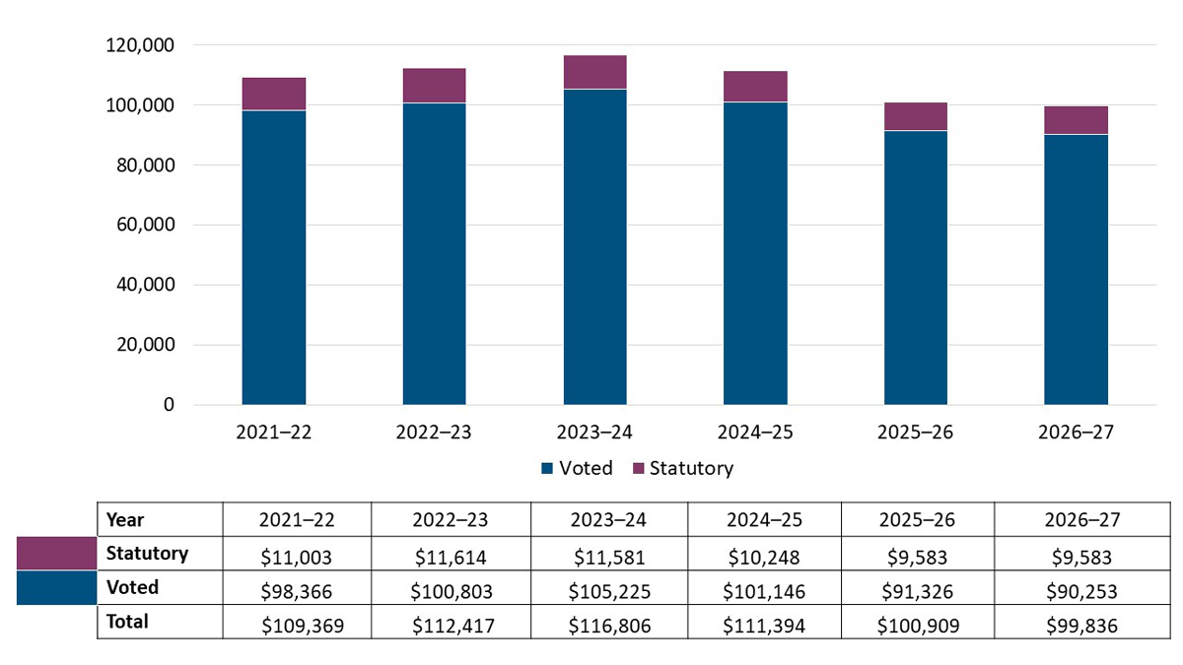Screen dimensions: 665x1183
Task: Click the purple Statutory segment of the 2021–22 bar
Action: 273,94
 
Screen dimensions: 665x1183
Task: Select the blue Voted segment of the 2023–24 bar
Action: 594,246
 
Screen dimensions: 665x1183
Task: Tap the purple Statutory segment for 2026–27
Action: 1076,120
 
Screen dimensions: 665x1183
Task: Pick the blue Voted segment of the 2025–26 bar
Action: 915,267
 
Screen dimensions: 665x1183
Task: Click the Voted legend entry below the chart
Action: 578,468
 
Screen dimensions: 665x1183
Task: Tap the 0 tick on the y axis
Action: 169,405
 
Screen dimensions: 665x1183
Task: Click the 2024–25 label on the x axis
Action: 755,432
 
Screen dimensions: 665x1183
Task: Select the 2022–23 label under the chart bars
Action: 434,432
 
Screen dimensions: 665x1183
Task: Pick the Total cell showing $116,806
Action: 608,623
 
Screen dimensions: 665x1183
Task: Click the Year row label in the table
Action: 125,520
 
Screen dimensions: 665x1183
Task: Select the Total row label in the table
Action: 126,622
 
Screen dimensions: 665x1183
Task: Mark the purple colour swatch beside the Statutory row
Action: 56,554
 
